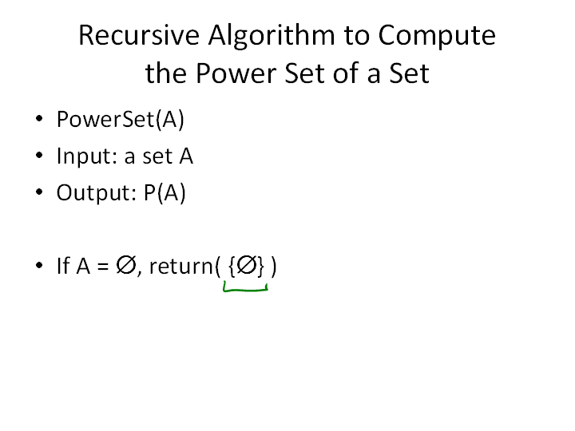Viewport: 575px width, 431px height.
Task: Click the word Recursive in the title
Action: coord(139,35)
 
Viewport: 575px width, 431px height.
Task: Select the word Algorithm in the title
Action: coord(272,37)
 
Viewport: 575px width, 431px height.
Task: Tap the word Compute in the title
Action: coord(437,37)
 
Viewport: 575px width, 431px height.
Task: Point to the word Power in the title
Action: coord(236,73)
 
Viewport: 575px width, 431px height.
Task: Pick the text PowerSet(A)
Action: coord(121,119)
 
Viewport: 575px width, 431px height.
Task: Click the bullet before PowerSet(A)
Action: coord(39,119)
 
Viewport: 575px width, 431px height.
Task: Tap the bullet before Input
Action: coord(39,156)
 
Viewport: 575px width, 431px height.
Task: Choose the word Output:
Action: coord(97,193)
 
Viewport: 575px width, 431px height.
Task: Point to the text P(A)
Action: coord(165,193)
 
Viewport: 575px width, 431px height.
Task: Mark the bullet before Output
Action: coord(39,192)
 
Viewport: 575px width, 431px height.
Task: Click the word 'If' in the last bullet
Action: coord(63,266)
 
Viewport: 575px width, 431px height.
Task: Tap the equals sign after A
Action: coord(103,267)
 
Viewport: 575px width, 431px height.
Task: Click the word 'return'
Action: coord(181,267)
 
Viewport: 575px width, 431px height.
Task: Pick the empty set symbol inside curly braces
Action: coord(247,265)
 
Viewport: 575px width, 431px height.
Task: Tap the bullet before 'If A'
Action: coord(39,265)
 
